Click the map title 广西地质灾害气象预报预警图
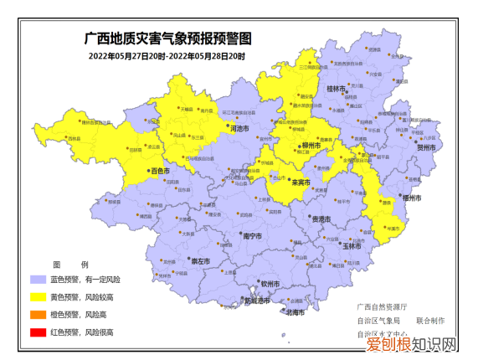(168, 39)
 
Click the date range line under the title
(168, 56)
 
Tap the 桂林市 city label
(337, 88)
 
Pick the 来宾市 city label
(300, 181)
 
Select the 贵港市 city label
(321, 218)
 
